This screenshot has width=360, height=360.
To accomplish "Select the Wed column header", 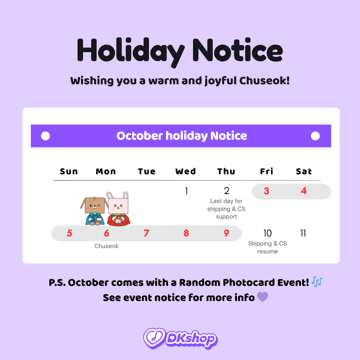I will tap(185, 171).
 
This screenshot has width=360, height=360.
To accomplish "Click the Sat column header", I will tap(303, 171).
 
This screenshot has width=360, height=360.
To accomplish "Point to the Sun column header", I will tap(69, 171).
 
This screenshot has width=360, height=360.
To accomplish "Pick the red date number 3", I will tap(266, 191).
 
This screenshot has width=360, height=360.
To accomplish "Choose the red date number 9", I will tap(226, 233).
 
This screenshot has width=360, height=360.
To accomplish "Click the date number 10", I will tap(267, 233).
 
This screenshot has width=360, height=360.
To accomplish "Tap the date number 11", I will tap(303, 233).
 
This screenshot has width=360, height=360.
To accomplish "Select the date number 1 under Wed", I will tap(186, 191).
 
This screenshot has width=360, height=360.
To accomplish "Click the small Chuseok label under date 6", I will tap(107, 246).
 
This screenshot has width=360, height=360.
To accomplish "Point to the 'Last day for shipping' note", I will tap(226, 209).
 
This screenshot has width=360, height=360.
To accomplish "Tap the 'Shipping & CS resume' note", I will tap(267, 247).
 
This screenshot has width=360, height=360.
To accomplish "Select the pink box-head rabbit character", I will tap(118, 211).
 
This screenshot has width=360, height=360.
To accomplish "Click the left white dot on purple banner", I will tap(45, 136).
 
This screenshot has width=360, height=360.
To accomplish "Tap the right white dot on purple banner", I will tap(315, 136).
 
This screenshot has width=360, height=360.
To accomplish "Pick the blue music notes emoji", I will tap(317, 282).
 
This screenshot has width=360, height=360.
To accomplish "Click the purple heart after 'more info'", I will tap(262, 297).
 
